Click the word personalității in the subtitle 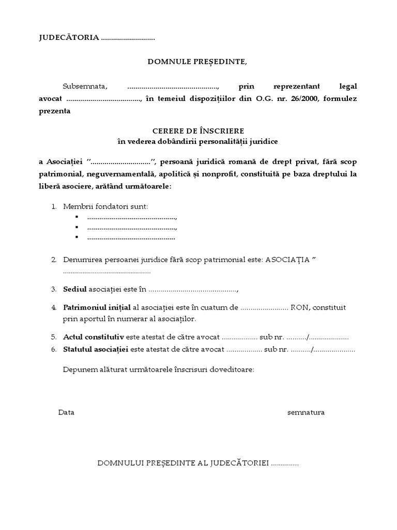coord(220,141)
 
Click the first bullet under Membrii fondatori coord(76,217)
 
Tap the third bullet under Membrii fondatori coord(76,237)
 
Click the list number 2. coord(54,259)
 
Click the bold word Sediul coord(75,288)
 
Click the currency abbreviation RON coord(300,307)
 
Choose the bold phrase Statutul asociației coord(96,349)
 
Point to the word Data coord(67,413)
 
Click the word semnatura coord(306,413)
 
